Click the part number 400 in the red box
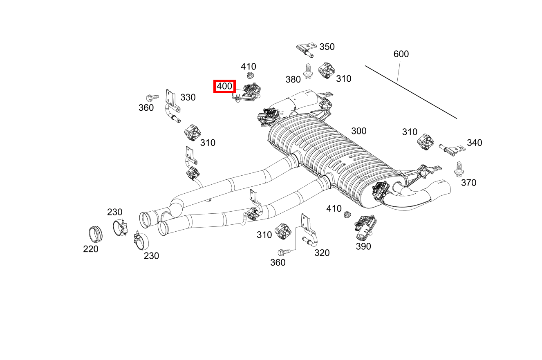pos(224,86)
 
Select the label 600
pos(401,54)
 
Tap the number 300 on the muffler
pos(358,131)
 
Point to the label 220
pos(90,249)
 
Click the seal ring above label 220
pos(96,233)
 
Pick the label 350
pos(327,47)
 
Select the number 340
pos(474,143)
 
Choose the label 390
pos(363,246)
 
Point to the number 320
pos(322,253)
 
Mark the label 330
pos(188,97)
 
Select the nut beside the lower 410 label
pos(347,214)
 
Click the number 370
pos(468,183)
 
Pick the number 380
pos(293,79)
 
